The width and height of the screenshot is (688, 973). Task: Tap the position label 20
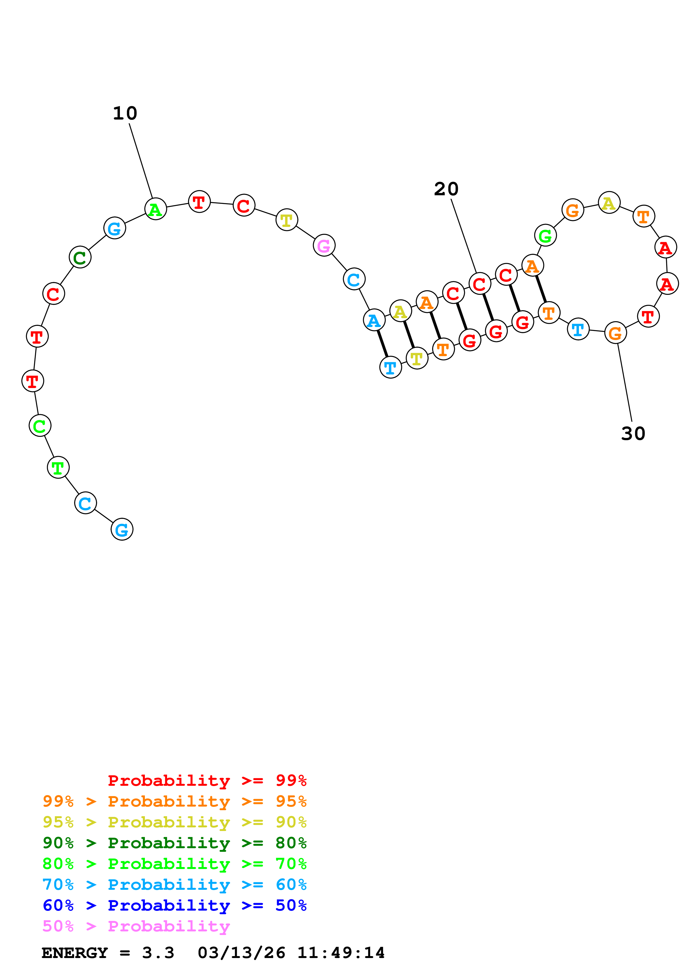[446, 189]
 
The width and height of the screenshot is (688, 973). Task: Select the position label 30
[633, 434]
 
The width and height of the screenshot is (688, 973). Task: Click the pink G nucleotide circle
[324, 245]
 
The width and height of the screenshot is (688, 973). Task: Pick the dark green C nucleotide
[80, 257]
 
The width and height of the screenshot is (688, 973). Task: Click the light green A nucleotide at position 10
[156, 209]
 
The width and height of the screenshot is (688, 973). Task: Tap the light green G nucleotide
[545, 235]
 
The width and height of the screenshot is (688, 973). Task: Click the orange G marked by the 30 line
[615, 333]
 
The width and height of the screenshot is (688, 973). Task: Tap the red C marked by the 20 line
[480, 284]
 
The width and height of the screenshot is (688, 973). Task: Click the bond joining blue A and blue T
[382, 343]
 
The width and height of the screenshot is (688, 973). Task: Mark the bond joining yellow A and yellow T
[409, 335]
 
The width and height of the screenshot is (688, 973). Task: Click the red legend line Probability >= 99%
[207, 780]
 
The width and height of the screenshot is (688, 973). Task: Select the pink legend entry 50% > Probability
[136, 926]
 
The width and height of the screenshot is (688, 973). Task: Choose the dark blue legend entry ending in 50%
[174, 905]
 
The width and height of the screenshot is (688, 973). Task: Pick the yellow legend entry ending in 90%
[174, 822]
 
